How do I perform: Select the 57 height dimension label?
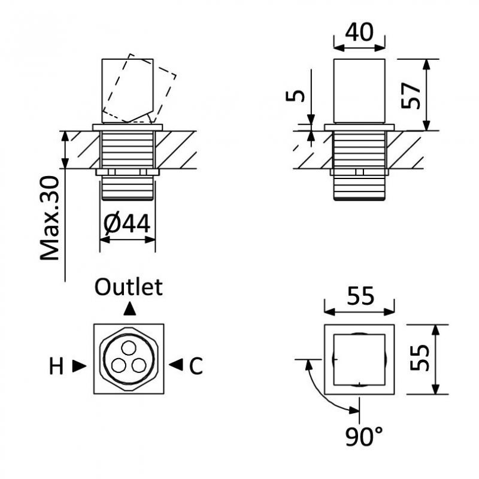coord(411,94)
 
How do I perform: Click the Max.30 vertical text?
coord(51,219)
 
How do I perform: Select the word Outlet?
coord(129,287)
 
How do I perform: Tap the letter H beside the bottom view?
coord(56,366)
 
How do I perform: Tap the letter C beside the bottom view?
coord(196,366)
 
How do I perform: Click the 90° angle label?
coord(364,438)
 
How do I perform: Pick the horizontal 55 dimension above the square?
coord(359,296)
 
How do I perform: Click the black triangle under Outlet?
coord(129,309)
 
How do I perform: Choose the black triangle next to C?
coord(176,365)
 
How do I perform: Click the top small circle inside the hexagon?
coord(128,347)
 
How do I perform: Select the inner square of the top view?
coord(359,359)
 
